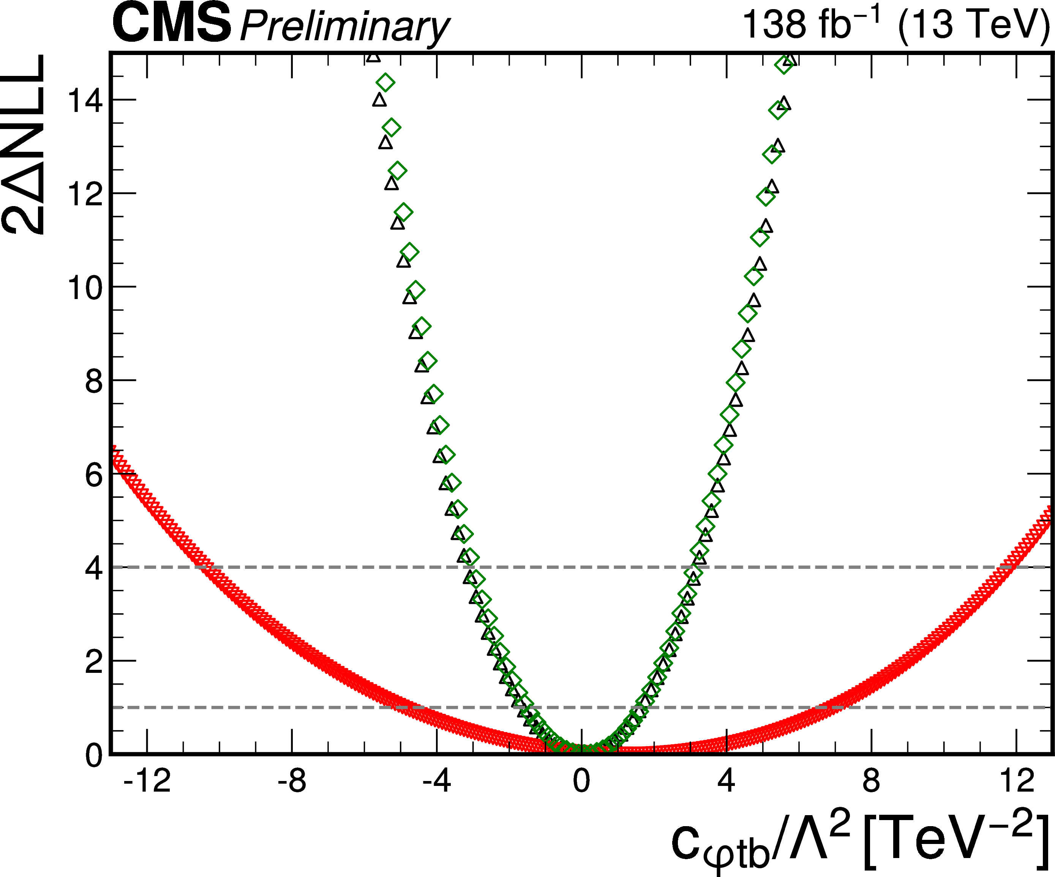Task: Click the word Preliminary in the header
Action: (344, 28)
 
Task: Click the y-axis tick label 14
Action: (85, 101)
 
